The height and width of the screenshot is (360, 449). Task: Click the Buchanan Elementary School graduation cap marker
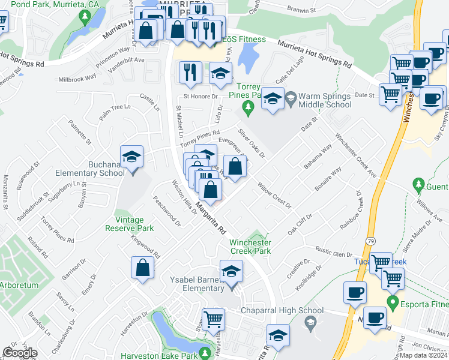[131, 158]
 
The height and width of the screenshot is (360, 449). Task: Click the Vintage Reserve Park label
[130, 224]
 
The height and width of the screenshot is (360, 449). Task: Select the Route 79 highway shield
[364, 239]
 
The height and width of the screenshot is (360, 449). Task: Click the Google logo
[20, 353]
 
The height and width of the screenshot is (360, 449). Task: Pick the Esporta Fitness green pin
[393, 301]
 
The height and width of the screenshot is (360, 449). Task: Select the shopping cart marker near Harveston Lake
[214, 319]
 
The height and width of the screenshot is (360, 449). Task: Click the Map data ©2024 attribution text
[423, 355]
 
